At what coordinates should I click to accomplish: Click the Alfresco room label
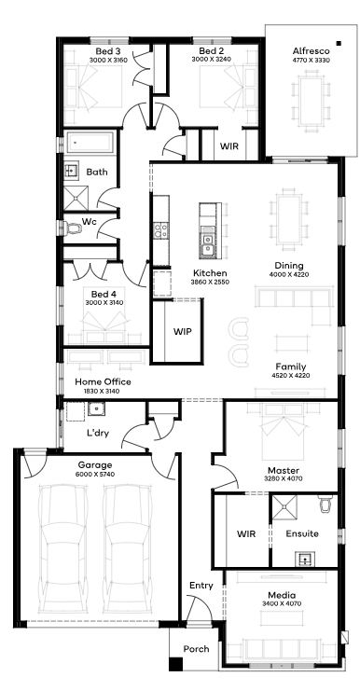pos(311,50)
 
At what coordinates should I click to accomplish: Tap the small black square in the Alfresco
pos(339,43)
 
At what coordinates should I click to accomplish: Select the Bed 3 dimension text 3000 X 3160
pos(108,60)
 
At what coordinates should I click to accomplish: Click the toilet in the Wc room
pos(73,228)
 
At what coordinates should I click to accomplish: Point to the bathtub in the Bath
pos(90,143)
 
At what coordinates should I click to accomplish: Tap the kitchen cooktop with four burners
pos(160,230)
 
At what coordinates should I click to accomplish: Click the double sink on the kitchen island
pos(206,245)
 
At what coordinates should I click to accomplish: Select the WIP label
pos(182,331)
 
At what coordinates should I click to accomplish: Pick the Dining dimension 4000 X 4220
pos(289,274)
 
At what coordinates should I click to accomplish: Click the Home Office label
pos(103,381)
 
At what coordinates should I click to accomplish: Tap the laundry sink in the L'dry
pos(96,409)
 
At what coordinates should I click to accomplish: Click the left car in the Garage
pos(62,548)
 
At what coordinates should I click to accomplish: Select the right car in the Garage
pos(127,548)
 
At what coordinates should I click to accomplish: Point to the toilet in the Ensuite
pos(325,504)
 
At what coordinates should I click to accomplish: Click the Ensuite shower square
pos(284,507)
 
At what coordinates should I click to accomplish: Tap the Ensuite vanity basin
pos(304,559)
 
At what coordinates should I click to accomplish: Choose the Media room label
pos(282,595)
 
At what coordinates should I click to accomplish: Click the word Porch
pos(197,649)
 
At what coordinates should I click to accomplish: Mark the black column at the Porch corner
pos(175,664)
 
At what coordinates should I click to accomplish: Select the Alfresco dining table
pos(312,101)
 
